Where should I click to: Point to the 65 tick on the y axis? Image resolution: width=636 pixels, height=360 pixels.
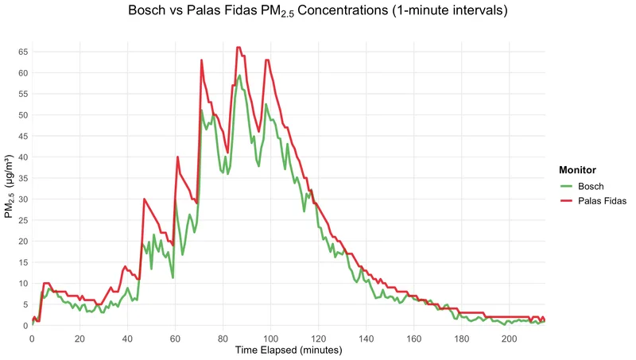[x=21, y=52]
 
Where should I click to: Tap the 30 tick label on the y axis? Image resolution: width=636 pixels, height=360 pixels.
[x=21, y=199]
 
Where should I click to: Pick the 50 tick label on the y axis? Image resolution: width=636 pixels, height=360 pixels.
[x=21, y=115]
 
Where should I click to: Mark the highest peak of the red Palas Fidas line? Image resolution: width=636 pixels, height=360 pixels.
[x=238, y=48]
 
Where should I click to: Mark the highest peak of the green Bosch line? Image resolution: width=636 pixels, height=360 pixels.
[x=239, y=75]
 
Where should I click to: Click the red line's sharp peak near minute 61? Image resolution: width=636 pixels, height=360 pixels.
[x=178, y=157]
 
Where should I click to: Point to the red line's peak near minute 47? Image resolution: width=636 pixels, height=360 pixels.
[x=144, y=199]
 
